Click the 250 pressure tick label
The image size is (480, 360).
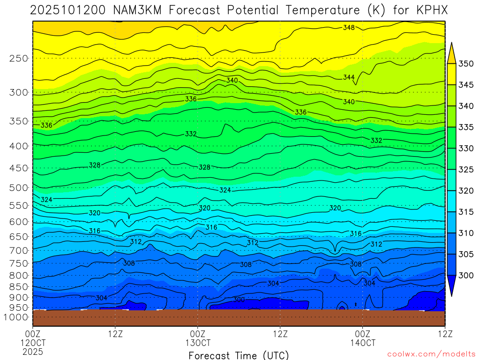(19, 59)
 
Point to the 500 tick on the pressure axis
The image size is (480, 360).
(19, 188)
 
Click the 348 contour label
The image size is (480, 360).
(349, 28)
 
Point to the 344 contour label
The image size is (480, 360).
(349, 77)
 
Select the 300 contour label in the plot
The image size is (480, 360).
(239, 300)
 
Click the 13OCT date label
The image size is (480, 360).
(198, 343)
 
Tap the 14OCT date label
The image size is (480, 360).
(362, 343)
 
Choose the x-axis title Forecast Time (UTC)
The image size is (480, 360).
(239, 355)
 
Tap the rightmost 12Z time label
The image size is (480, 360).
(444, 334)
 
